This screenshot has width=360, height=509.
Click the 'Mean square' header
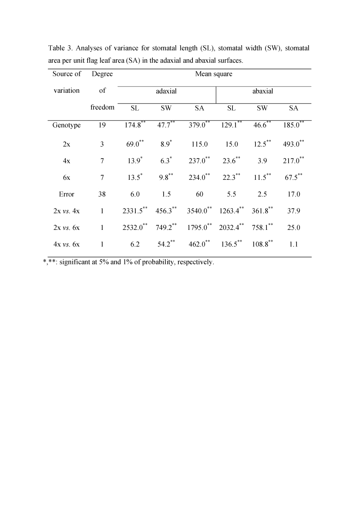tap(214, 74)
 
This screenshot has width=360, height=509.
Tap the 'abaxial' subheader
tap(263, 91)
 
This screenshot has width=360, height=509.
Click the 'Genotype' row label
tap(67, 125)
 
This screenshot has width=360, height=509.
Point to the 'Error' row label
tap(67, 195)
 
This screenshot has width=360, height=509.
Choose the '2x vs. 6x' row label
tap(67, 228)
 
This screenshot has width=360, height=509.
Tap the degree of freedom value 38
tap(102, 195)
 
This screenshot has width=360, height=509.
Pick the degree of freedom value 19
tap(102, 125)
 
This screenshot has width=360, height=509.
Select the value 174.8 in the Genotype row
tap(133, 125)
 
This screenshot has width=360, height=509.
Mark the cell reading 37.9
tap(293, 212)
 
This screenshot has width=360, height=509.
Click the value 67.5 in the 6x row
tap(291, 178)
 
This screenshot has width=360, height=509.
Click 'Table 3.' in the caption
tap(60, 48)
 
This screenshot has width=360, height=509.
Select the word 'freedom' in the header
tap(102, 108)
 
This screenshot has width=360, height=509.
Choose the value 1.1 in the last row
tap(293, 245)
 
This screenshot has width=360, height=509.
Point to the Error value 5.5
tap(231, 195)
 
